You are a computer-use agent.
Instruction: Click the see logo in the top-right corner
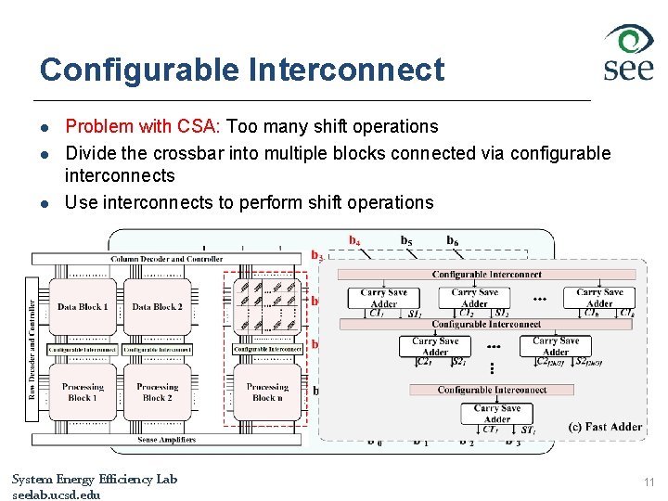point(628,53)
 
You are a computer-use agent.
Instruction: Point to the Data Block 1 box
point(83,307)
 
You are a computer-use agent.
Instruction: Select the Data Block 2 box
point(157,307)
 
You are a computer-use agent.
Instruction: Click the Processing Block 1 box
point(83,392)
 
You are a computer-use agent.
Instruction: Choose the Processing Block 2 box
point(157,392)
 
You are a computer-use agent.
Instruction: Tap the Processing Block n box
point(267,392)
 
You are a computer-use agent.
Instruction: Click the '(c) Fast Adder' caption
point(604,427)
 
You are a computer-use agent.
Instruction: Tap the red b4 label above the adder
point(354,240)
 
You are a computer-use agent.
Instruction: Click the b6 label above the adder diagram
point(452,241)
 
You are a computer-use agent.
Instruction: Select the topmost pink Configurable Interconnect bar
point(487,275)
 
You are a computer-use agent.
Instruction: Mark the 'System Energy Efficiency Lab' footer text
point(94,480)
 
